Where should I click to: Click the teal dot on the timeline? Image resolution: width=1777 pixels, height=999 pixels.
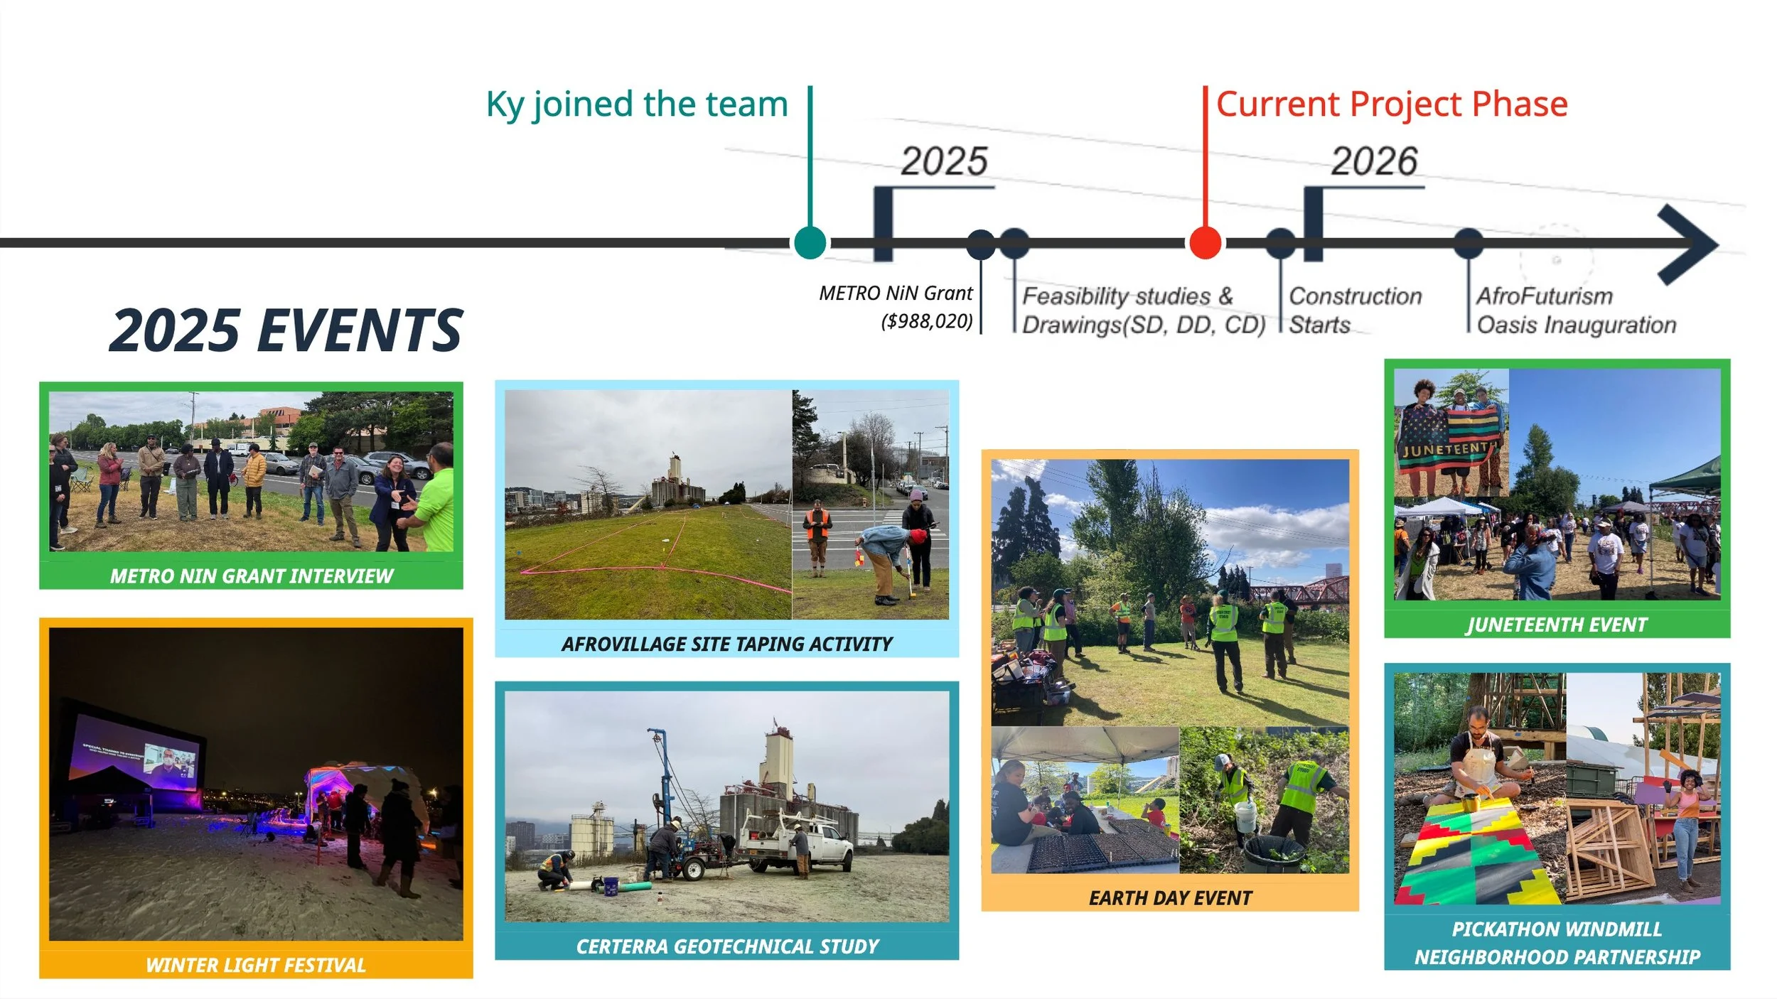[810, 242]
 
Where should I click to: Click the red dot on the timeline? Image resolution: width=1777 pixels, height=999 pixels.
[1205, 242]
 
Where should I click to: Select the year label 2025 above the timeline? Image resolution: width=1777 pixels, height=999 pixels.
[944, 161]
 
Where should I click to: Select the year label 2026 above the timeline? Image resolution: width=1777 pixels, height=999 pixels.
[1374, 161]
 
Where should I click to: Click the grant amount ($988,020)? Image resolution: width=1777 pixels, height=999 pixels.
[927, 321]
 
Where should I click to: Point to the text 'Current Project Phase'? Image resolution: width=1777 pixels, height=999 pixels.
[1392, 104]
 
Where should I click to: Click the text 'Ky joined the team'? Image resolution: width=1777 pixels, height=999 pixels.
[637, 104]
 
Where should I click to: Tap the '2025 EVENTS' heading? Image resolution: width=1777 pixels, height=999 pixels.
[286, 330]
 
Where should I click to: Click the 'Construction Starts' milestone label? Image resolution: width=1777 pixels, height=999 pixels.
[1354, 310]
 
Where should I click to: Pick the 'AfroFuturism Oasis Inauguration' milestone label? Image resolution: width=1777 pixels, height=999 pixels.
[1575, 310]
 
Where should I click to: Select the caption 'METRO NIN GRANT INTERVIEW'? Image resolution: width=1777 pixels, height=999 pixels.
[251, 576]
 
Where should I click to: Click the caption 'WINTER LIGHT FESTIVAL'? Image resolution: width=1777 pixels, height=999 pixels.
[255, 965]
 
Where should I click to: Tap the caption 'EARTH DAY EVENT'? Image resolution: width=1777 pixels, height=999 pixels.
[1170, 898]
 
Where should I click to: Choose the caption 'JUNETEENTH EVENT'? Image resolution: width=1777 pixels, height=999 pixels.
[1557, 625]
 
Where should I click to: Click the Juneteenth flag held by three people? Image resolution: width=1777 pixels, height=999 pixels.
[1449, 444]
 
